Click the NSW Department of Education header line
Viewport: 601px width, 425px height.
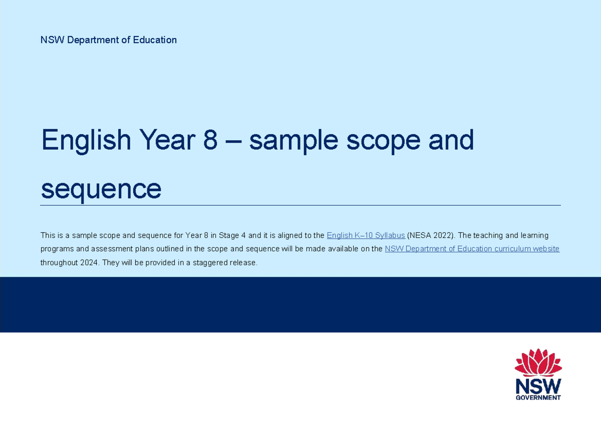(109, 40)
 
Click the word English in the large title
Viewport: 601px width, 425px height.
(85, 141)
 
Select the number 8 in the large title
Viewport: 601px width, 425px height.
(210, 141)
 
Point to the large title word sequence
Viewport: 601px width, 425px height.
(101, 189)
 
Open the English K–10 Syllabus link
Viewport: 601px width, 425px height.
(366, 235)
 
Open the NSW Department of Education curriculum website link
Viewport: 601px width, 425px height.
(472, 249)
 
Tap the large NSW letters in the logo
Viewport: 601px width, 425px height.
(538, 386)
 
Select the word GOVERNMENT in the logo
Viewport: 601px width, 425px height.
(538, 398)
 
